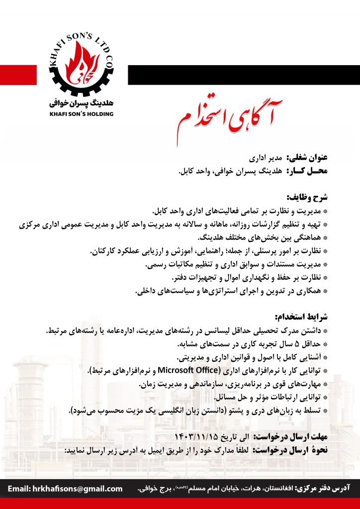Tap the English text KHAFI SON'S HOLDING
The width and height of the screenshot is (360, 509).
pos(82,114)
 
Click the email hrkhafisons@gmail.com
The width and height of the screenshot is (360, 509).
pos(65,489)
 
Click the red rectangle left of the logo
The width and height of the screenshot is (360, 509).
pos(18,75)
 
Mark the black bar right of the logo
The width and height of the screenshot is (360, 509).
pos(244,75)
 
